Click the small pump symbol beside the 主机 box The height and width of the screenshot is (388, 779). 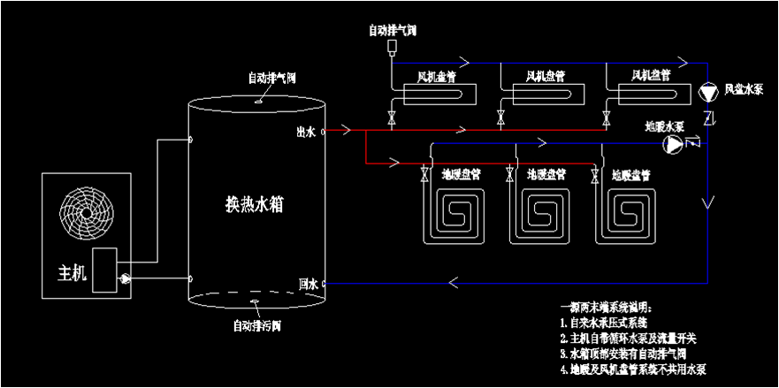tap(125, 278)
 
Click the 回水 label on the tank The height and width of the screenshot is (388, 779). tap(308, 284)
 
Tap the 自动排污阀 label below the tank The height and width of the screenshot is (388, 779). tap(256, 324)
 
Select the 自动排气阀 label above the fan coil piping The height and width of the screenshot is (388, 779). tap(393, 30)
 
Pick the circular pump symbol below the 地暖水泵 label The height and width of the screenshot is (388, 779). tap(674, 143)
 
